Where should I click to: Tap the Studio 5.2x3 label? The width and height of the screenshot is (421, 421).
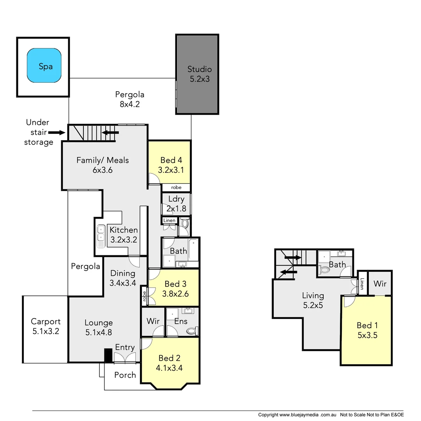[x=199, y=74]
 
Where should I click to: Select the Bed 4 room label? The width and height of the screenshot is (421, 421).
[x=171, y=165]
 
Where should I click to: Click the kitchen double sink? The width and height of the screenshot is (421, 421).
[x=100, y=236]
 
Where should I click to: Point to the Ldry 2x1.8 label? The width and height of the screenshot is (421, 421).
[x=176, y=203]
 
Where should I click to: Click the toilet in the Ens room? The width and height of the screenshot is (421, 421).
[x=192, y=331]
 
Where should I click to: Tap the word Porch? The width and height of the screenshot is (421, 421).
[x=125, y=375]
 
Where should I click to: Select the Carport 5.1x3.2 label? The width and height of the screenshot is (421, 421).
[x=46, y=327]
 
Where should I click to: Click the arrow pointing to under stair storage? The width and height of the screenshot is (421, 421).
[x=57, y=133]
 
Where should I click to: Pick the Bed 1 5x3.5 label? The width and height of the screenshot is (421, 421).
[x=367, y=330]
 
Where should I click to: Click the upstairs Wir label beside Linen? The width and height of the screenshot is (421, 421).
[x=380, y=284]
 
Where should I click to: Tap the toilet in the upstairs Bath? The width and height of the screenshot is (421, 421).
[x=324, y=269]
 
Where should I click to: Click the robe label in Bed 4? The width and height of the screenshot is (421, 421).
[x=176, y=188]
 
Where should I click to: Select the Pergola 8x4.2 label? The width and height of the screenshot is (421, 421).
[x=130, y=99]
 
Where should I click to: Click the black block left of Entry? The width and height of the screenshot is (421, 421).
[x=108, y=356]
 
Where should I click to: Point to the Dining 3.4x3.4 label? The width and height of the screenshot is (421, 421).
[x=123, y=278]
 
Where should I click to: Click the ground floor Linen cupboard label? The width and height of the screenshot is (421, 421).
[x=170, y=221]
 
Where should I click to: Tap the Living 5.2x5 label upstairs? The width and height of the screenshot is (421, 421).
[x=313, y=300]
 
